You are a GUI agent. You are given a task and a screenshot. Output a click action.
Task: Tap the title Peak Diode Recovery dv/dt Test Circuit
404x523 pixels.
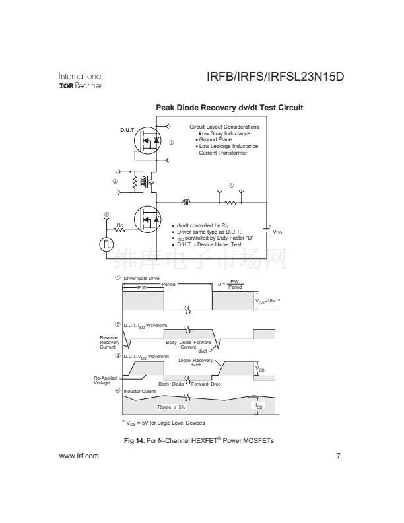click(x=229, y=108)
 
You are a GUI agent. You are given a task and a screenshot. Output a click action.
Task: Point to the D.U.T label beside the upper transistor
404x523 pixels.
click(x=127, y=129)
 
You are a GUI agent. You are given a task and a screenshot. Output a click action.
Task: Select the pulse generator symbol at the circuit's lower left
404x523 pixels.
click(x=106, y=244)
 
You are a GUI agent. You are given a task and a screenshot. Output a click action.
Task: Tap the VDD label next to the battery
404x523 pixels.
click(x=278, y=232)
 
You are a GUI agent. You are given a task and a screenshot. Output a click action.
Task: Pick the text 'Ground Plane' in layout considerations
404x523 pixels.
click(x=214, y=140)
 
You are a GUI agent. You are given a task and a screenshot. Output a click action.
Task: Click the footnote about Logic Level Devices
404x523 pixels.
click(x=163, y=423)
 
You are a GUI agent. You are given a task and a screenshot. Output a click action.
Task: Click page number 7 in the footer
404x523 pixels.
click(x=338, y=456)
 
